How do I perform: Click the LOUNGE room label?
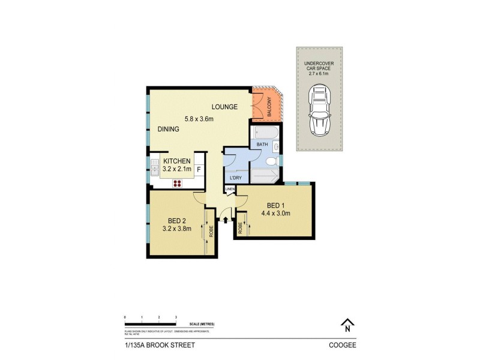tap(224, 107)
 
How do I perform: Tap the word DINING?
tap(169, 129)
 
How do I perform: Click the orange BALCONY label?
tap(269, 107)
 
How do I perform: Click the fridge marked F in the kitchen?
tap(199, 170)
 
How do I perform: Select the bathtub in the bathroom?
tap(263, 133)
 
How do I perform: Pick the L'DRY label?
tap(236, 178)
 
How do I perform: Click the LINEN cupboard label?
tap(230, 190)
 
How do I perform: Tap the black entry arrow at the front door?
tap(226, 221)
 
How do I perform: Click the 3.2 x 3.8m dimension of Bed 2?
tap(177, 228)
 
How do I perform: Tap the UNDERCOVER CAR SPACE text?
tap(319, 67)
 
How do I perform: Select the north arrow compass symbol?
tap(346, 325)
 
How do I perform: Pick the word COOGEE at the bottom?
tap(341, 345)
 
